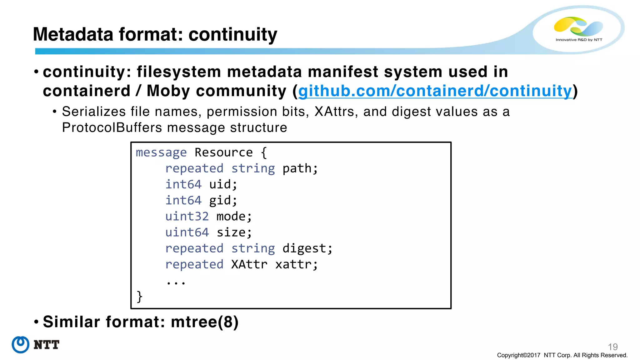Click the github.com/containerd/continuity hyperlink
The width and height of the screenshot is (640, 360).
(435, 91)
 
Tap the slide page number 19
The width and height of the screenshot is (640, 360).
(612, 347)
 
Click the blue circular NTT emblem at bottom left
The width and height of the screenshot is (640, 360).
(21, 345)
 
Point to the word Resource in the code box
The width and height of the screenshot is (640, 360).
(223, 152)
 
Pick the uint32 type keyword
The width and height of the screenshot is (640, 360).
(187, 216)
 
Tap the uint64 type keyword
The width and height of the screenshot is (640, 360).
(187, 232)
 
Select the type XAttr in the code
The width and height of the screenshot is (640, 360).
(249, 264)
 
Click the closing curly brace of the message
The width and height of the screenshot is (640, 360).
(139, 296)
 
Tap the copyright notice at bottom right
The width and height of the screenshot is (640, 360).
(562, 355)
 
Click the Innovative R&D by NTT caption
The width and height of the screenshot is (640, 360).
(579, 40)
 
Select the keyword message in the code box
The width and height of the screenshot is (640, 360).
(161, 152)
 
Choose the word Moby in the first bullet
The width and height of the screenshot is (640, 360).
(168, 91)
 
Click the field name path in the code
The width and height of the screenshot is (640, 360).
(299, 168)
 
